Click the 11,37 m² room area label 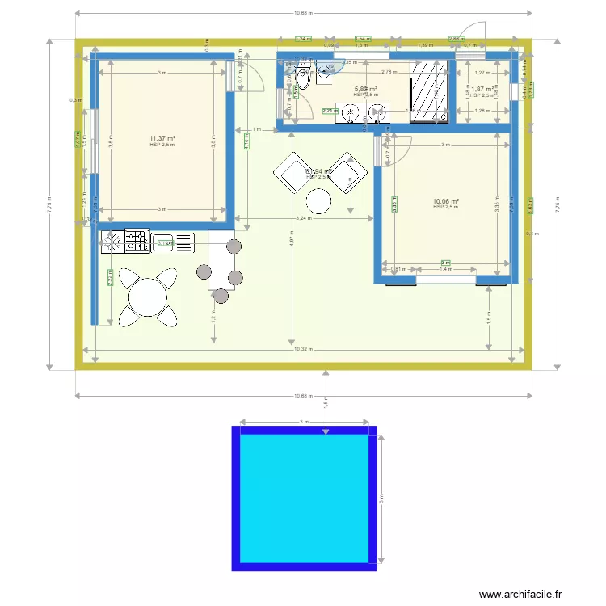pyautogui.click(x=162, y=138)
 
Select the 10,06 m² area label pyautogui.click(x=445, y=201)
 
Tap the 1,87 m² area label pyautogui.click(x=482, y=89)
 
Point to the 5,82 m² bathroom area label pyautogui.click(x=366, y=89)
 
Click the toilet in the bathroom pyautogui.click(x=303, y=82)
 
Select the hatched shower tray pyautogui.click(x=429, y=91)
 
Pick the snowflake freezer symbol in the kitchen pyautogui.click(x=112, y=242)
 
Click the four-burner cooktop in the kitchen pyautogui.click(x=135, y=242)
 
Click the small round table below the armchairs pyautogui.click(x=320, y=200)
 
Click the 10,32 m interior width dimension pyautogui.click(x=301, y=349)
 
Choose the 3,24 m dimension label pyautogui.click(x=303, y=218)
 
